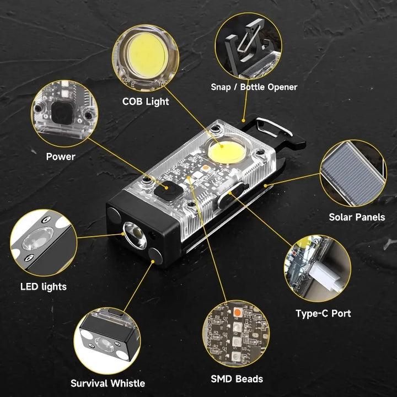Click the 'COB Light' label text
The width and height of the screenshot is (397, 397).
[146, 101]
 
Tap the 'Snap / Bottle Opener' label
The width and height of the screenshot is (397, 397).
[254, 87]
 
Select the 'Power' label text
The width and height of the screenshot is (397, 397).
[61, 157]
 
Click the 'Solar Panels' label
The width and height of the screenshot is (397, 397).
[357, 217]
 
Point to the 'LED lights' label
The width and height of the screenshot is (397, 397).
[43, 286]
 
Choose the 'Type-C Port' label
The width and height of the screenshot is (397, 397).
[323, 314]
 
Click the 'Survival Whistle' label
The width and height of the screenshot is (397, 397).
[108, 383]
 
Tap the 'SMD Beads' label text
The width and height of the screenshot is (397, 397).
[237, 379]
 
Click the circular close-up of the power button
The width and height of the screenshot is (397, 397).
[61, 113]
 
